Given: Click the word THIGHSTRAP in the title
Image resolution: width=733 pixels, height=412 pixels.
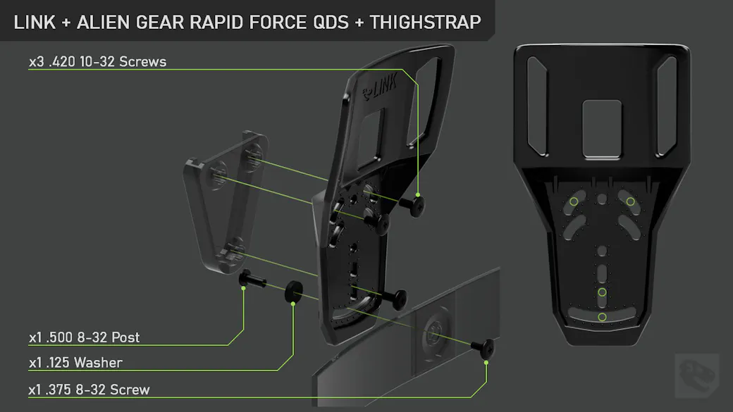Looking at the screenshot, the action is pos(426,22).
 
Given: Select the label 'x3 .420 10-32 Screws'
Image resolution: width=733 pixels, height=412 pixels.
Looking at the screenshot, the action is pos(98,62).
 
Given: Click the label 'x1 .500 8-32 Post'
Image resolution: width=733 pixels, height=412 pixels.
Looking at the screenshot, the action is pos(84,337).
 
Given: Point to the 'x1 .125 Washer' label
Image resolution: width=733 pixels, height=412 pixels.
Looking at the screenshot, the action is pos(75,363).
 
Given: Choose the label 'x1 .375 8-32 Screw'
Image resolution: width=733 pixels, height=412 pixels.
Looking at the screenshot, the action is pos(90,389).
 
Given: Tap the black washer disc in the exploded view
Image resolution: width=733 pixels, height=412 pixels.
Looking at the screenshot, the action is pos(294,292).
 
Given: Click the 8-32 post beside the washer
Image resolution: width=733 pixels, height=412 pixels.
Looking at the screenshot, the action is pos(252,279).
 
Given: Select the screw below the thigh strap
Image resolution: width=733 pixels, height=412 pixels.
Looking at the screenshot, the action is pos(483,348).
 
